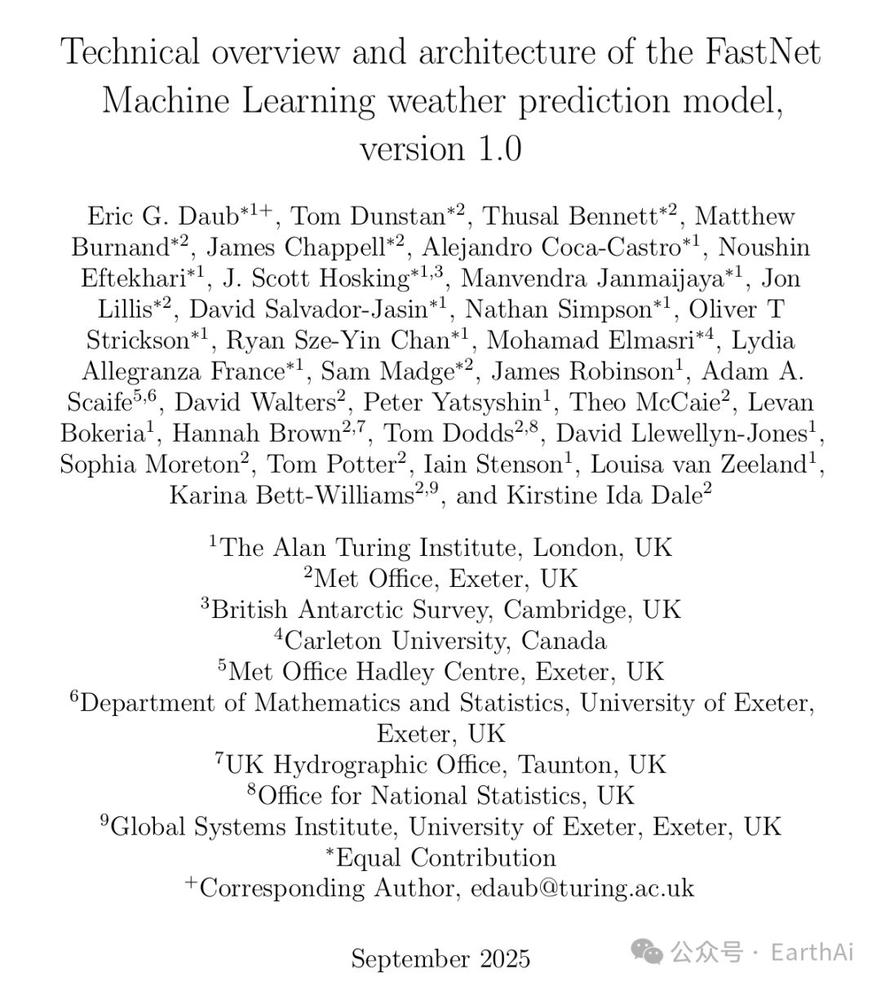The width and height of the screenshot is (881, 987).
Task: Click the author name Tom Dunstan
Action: [x=367, y=216]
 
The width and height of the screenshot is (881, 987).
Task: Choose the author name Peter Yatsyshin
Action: [x=452, y=402]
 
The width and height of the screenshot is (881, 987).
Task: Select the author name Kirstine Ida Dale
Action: [x=604, y=496]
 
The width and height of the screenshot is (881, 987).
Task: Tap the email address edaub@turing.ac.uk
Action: [x=582, y=888]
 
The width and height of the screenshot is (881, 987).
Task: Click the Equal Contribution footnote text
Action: [x=445, y=857]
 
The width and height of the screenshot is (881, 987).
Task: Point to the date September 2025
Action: [x=440, y=958]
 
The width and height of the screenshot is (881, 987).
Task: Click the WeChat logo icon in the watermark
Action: [x=649, y=951]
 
